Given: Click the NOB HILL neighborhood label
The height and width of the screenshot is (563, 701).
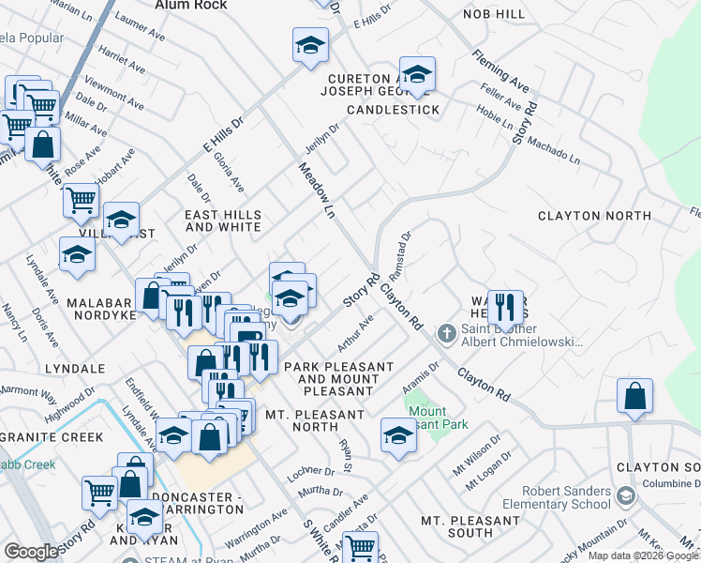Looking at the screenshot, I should (x=494, y=15).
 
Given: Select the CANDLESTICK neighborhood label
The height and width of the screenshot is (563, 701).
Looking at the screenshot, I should (x=393, y=110).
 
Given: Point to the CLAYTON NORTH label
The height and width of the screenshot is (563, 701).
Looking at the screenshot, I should (x=594, y=216).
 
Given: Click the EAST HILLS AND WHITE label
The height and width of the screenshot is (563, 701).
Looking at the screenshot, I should (x=223, y=221).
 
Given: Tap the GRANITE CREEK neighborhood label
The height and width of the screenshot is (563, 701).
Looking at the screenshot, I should (x=46, y=437).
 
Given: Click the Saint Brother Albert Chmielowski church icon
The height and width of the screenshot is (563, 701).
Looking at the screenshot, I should (x=447, y=332).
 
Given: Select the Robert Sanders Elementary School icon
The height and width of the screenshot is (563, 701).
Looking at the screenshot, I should (x=625, y=495).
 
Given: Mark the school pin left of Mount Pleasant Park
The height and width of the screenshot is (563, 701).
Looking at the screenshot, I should (x=398, y=434).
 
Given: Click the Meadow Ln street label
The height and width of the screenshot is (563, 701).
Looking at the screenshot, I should (x=316, y=190).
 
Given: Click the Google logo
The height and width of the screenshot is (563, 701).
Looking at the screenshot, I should (x=31, y=552).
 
